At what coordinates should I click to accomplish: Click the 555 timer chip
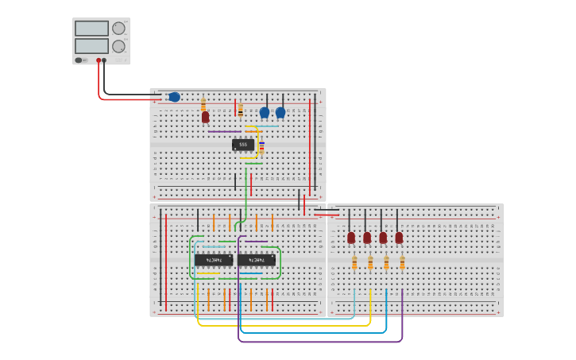click(x=243, y=145)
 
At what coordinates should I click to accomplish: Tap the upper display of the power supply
click(x=91, y=29)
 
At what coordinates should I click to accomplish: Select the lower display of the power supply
click(x=91, y=46)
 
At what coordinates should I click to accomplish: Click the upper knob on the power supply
click(x=118, y=29)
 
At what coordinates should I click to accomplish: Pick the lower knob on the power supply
click(x=118, y=46)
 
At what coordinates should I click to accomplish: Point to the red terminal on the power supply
click(x=99, y=60)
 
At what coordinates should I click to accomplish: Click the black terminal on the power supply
click(x=104, y=60)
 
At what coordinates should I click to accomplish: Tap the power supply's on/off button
click(x=79, y=60)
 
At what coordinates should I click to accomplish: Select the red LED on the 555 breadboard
click(x=205, y=117)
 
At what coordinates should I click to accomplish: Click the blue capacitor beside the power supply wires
click(x=174, y=97)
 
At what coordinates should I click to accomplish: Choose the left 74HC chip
click(x=214, y=260)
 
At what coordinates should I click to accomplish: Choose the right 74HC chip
click(x=257, y=260)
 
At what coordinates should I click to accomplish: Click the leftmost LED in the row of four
click(x=351, y=238)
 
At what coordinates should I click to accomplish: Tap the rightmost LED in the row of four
click(x=399, y=238)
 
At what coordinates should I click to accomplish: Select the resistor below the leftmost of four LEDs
click(x=354, y=263)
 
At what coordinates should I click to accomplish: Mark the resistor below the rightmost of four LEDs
click(x=402, y=263)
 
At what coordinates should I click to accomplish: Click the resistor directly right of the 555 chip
click(x=261, y=146)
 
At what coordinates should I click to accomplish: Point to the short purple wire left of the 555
click(x=225, y=131)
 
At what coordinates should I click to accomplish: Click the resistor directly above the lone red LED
click(x=203, y=103)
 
